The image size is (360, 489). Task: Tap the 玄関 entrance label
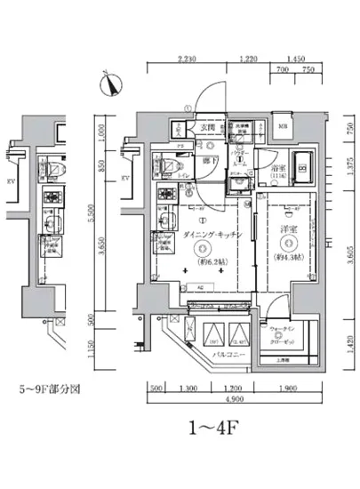click(x=207, y=128)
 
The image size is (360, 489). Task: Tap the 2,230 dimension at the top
click(x=187, y=60)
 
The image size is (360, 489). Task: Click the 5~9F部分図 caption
click(x=51, y=389)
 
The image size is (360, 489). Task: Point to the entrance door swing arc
click(x=206, y=96)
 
